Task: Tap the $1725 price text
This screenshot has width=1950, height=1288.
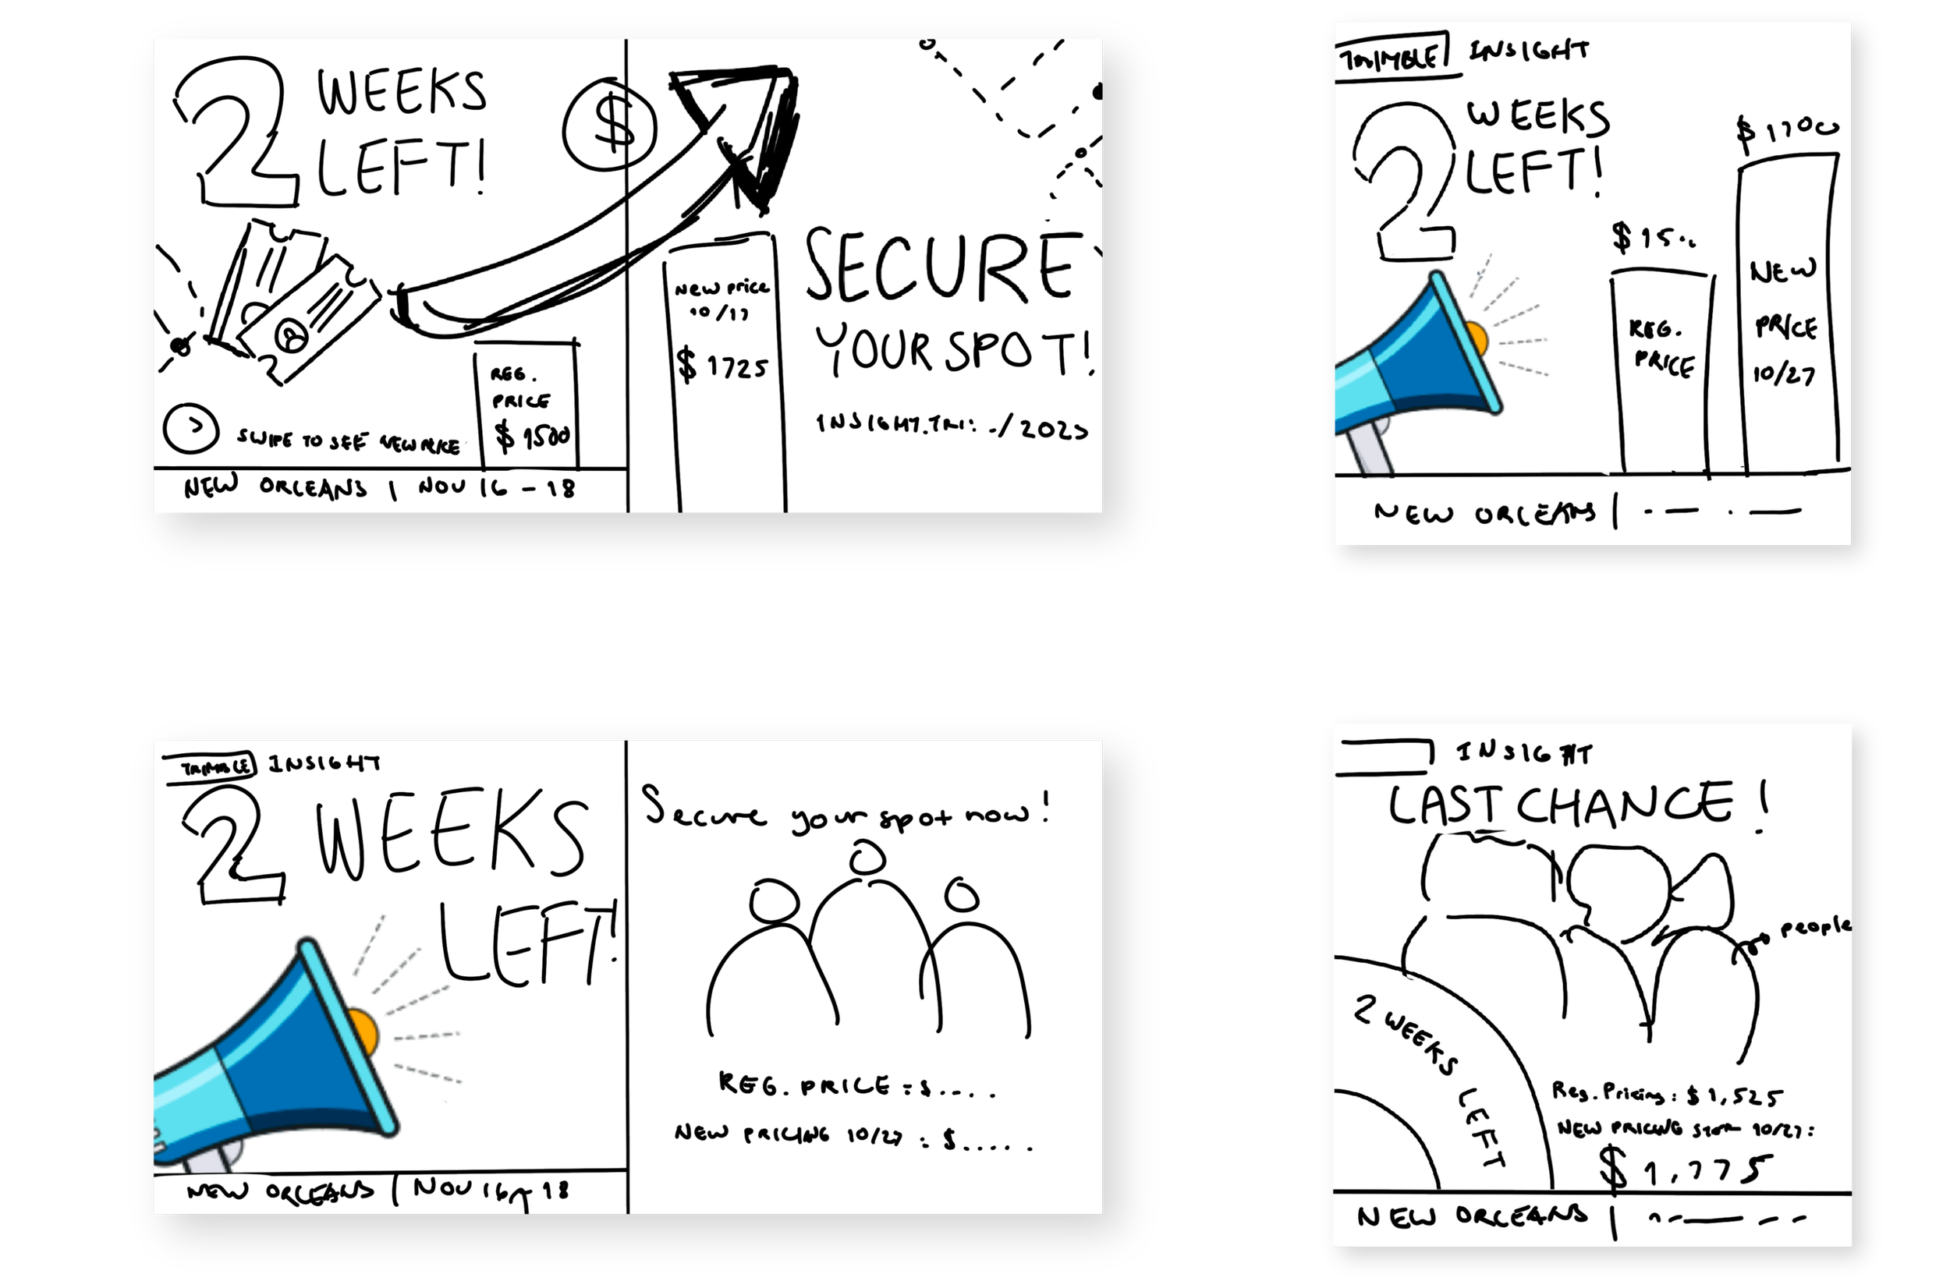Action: [722, 366]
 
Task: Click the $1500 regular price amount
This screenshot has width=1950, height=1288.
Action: [533, 435]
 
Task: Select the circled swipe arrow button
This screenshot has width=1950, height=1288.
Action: [190, 428]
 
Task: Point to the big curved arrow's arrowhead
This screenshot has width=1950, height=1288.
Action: [743, 132]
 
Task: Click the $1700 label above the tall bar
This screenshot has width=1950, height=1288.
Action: [1786, 132]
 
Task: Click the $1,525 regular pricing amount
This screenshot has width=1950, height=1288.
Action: [1735, 1095]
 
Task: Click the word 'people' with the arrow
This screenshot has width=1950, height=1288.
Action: [1815, 929]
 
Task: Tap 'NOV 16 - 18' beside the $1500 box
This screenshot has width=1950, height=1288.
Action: [495, 488]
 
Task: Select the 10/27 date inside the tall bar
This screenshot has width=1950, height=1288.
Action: [1783, 374]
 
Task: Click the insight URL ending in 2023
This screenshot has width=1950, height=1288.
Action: [952, 426]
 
